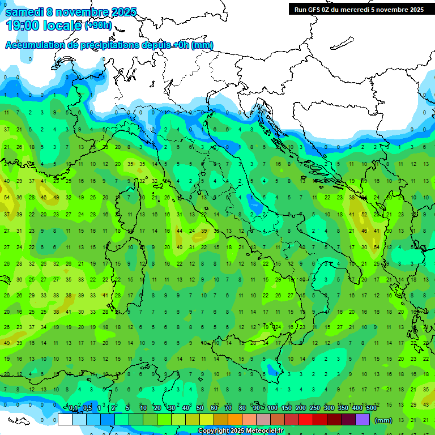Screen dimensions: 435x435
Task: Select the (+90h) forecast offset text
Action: pos(98,25)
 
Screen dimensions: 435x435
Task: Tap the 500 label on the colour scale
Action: pos(372,408)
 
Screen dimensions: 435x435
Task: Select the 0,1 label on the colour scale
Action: pos(73,408)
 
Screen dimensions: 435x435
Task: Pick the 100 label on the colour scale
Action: pos(272,408)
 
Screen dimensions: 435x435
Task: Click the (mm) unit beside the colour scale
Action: pos(383,420)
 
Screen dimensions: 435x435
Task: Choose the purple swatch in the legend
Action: pos(362,420)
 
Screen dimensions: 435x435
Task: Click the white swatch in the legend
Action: pos(65,420)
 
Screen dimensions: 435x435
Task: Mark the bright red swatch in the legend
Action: pos(306,420)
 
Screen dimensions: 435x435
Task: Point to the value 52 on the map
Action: pos(364,215)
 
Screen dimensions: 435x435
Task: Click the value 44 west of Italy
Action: pos(180,231)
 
